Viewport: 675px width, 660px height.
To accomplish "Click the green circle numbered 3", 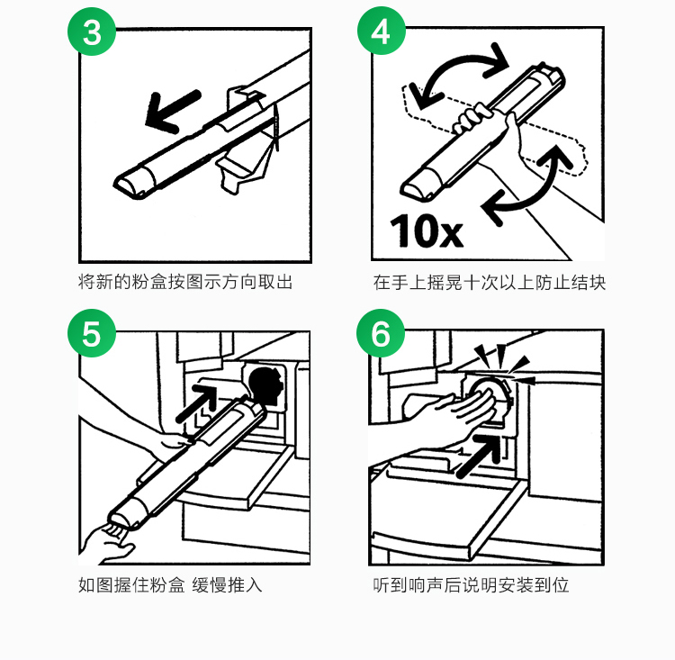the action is pyautogui.click(x=92, y=32).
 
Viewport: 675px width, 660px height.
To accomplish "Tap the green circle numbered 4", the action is pyautogui.click(x=382, y=31).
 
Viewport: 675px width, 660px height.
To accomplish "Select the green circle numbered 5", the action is pyautogui.click(x=92, y=333).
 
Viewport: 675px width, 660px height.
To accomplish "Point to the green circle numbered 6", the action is pyautogui.click(x=381, y=333).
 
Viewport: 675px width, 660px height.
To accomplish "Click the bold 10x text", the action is pyautogui.click(x=427, y=231).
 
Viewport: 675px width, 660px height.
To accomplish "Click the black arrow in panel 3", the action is pyautogui.click(x=173, y=111).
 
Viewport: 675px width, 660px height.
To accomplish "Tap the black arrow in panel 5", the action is pyautogui.click(x=196, y=403).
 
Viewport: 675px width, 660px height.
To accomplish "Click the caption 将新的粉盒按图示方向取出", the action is pyautogui.click(x=185, y=282).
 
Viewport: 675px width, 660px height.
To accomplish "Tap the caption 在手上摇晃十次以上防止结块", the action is pyautogui.click(x=490, y=283).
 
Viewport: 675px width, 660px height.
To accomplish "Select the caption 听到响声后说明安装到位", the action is pyautogui.click(x=471, y=585).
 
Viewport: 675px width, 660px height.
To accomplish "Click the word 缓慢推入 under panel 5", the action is pyautogui.click(x=227, y=585).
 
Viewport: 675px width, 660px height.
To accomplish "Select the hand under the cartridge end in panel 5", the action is pyautogui.click(x=107, y=544).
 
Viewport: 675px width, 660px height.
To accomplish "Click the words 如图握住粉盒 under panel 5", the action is pyautogui.click(x=131, y=585).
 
